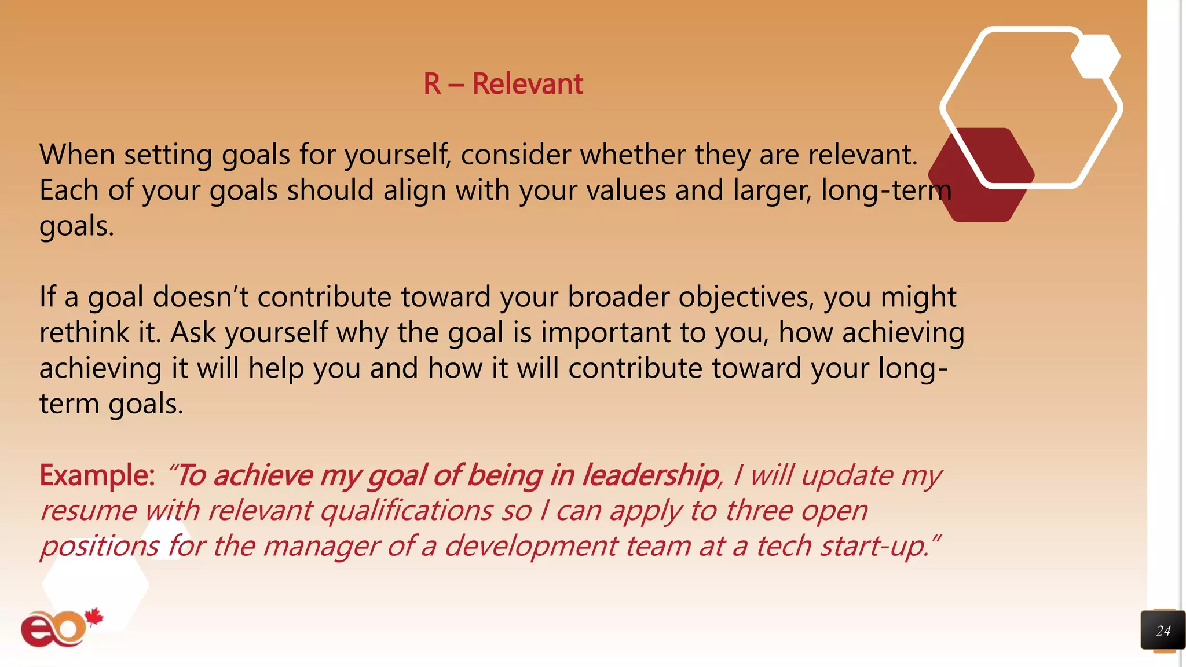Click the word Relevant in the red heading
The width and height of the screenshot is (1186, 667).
tap(528, 84)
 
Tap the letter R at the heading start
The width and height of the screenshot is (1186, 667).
tap(432, 84)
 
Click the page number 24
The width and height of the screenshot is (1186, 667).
tap(1163, 631)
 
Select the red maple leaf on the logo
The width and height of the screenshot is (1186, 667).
tap(94, 617)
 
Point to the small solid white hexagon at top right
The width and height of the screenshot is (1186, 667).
tap(1095, 57)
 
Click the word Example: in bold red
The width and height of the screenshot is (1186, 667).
tap(97, 475)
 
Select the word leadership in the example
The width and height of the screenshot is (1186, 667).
tap(650, 475)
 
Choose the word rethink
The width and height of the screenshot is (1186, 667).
tap(84, 333)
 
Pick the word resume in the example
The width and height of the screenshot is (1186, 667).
tap(88, 511)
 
